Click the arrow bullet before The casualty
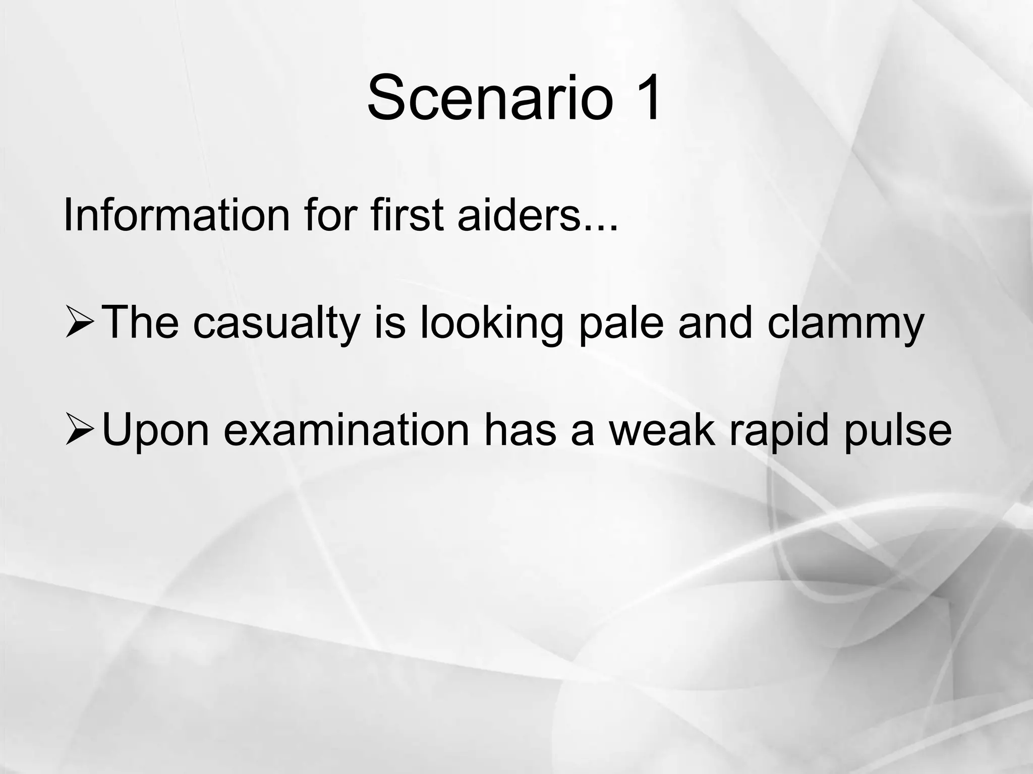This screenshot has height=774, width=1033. click(x=79, y=322)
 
